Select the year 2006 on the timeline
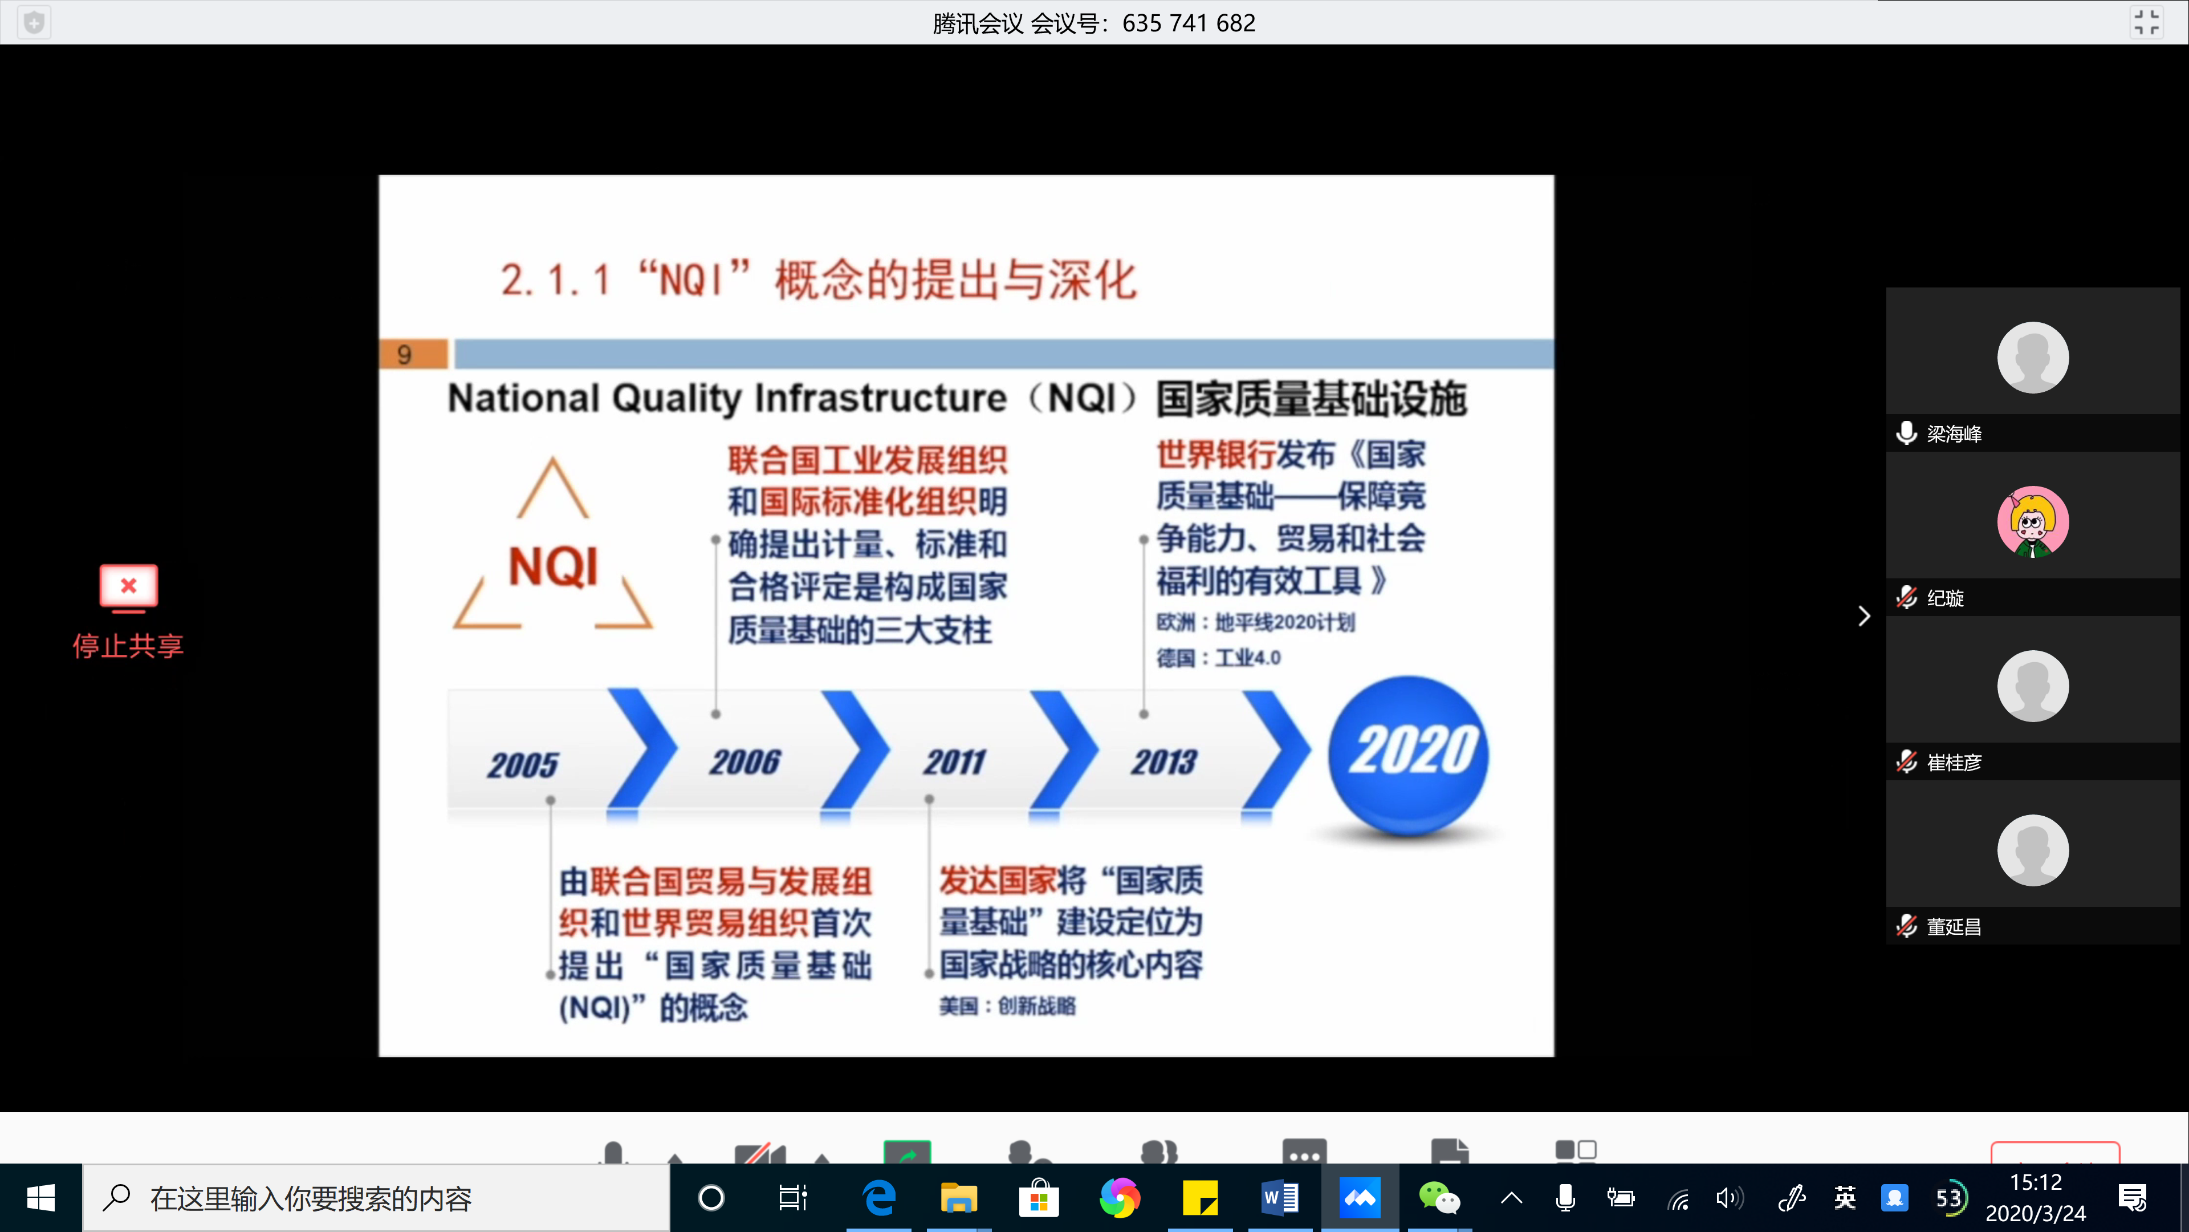pyautogui.click(x=745, y=762)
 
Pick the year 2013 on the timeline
pyautogui.click(x=1164, y=762)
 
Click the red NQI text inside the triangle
pyautogui.click(x=553, y=567)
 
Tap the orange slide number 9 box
pyautogui.click(x=413, y=354)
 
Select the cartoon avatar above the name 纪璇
pyautogui.click(x=2033, y=522)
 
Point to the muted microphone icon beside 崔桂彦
pyautogui.click(x=1907, y=762)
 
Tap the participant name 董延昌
pyautogui.click(x=1955, y=927)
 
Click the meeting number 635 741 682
pyautogui.click(x=1189, y=23)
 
